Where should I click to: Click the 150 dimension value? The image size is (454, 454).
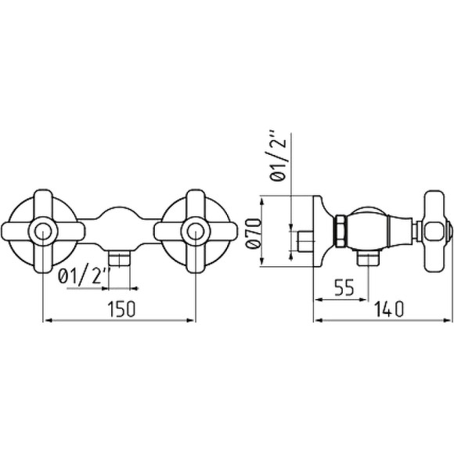[121, 309]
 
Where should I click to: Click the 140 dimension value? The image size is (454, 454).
[389, 309]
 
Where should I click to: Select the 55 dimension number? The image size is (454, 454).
[344, 287]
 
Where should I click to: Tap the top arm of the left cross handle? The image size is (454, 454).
[43, 204]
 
